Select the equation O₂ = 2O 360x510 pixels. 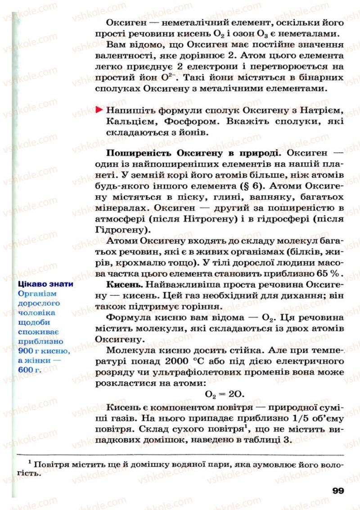pos(224,395)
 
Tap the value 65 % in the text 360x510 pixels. pos(329,273)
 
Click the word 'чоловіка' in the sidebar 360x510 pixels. pos(37,312)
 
